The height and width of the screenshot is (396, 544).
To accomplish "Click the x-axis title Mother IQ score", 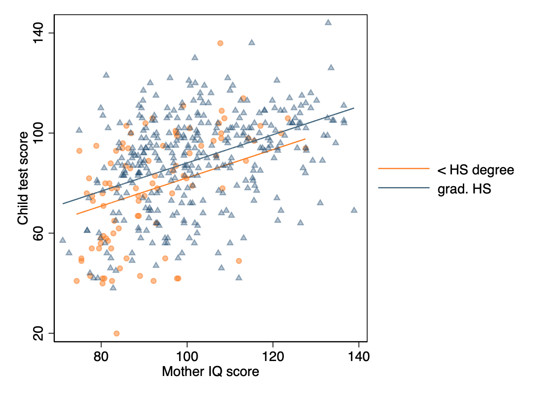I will coord(210,372).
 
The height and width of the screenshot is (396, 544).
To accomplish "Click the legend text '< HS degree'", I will coord(475,170).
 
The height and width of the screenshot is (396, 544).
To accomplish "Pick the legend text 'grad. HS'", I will coord(464,189).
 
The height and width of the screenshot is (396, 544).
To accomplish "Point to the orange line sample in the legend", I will coord(403,168).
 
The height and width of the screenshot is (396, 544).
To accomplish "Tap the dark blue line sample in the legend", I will coord(403,188).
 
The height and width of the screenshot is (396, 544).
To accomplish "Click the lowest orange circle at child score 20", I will coord(117,333).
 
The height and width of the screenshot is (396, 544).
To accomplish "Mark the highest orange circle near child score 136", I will coord(220,43).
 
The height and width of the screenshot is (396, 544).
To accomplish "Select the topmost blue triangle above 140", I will coord(328,22).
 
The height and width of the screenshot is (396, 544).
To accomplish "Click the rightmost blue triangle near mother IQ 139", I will coord(354,210).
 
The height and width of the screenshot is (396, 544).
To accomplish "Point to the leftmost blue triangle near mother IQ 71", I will coord(63,240).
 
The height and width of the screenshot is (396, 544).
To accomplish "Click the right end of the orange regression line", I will coord(305,139).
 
